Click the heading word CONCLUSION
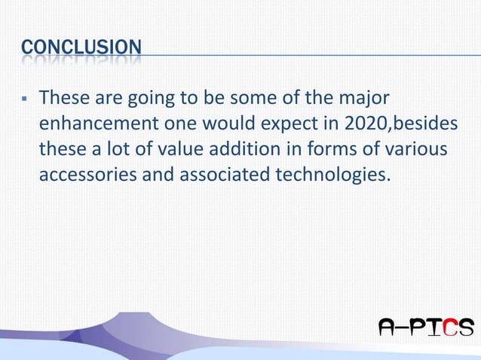coord(81,47)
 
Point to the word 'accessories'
coord(92,174)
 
